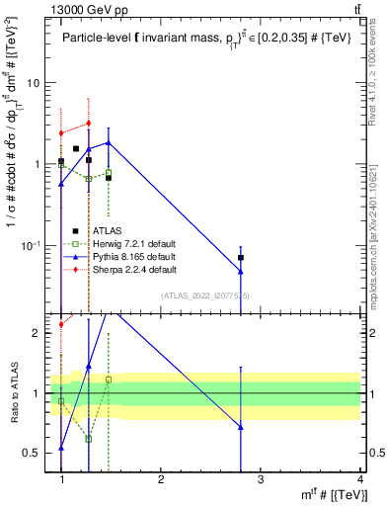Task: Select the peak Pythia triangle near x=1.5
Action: coord(109,142)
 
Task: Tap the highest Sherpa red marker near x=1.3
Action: coord(89,124)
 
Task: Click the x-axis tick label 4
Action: coord(359,479)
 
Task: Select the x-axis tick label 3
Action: coord(260,479)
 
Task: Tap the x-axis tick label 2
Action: coord(161,479)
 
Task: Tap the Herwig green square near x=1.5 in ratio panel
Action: coord(109,379)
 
